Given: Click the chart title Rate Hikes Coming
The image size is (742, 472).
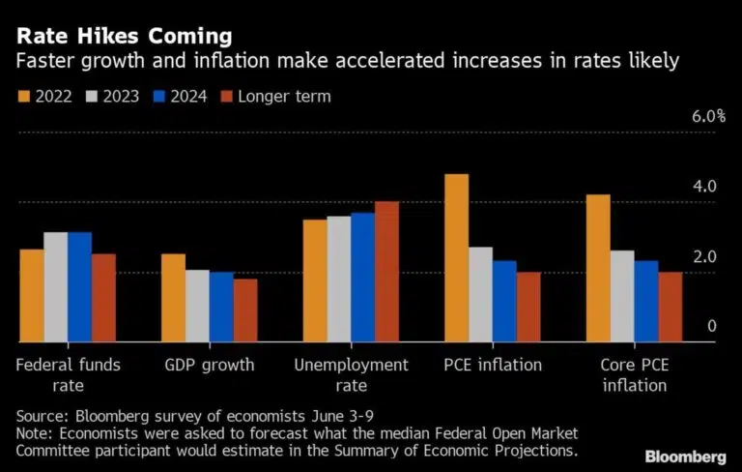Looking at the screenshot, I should [x=124, y=36].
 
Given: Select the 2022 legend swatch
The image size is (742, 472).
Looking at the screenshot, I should [x=24, y=95].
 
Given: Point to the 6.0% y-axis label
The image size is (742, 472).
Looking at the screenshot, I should [x=708, y=116].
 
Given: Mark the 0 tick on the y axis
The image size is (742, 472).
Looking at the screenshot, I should [x=712, y=326].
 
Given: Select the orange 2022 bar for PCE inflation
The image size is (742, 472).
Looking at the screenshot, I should [x=456, y=258].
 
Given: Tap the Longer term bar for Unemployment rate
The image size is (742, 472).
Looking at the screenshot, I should [x=386, y=272].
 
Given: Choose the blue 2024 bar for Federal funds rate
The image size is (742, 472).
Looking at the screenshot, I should [x=79, y=287].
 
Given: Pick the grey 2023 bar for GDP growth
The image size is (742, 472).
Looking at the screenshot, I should [x=197, y=306].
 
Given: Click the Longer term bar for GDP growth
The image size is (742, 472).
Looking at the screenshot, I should [x=245, y=310].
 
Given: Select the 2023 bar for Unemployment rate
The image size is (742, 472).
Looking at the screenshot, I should [x=339, y=279].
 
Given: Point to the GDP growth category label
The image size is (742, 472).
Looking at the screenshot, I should [x=209, y=365].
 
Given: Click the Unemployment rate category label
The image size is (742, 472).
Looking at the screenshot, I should [x=351, y=374].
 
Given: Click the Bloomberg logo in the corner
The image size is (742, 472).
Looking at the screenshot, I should [x=687, y=456].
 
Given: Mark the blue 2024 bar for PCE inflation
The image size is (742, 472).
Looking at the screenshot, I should [x=503, y=301].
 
